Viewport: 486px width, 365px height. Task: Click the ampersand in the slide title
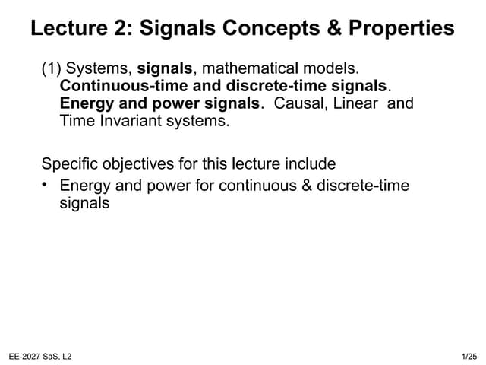pos(329,29)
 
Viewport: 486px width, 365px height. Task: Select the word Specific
pos(71,163)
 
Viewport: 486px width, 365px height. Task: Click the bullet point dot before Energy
pos(46,183)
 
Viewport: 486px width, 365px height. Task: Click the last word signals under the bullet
pos(84,203)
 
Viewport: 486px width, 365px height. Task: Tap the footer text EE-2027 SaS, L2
pos(40,357)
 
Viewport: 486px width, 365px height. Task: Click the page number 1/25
pos(469,357)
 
